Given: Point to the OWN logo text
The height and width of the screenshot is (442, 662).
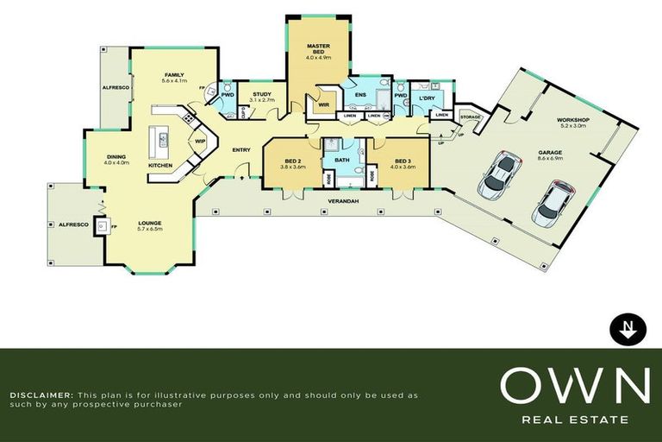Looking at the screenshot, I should pyautogui.click(x=575, y=386).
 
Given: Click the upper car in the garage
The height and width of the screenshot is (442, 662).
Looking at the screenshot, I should pyautogui.click(x=498, y=171).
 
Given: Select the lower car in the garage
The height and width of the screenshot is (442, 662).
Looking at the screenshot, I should pyautogui.click(x=553, y=202).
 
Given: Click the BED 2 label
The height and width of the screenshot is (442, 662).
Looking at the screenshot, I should pyautogui.click(x=292, y=161).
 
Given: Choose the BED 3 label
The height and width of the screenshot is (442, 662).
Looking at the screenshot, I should pyautogui.click(x=403, y=161).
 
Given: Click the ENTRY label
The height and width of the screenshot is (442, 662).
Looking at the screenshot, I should pyautogui.click(x=241, y=150).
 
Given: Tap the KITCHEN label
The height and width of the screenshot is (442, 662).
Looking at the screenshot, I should pyautogui.click(x=161, y=164).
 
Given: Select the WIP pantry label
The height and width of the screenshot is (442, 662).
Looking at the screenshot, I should pyautogui.click(x=200, y=141).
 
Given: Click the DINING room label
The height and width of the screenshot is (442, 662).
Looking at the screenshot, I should pyautogui.click(x=116, y=156).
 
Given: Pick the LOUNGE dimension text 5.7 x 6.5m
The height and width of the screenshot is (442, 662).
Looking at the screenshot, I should pyautogui.click(x=150, y=229).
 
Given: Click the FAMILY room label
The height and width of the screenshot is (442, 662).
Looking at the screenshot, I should pyautogui.click(x=175, y=76).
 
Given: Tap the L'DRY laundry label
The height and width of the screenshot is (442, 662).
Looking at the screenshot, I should pyautogui.click(x=427, y=98).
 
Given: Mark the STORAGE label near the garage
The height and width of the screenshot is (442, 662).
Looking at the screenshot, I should pyautogui.click(x=470, y=116).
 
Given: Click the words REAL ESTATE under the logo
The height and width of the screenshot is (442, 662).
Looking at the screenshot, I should pyautogui.click(x=575, y=420).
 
